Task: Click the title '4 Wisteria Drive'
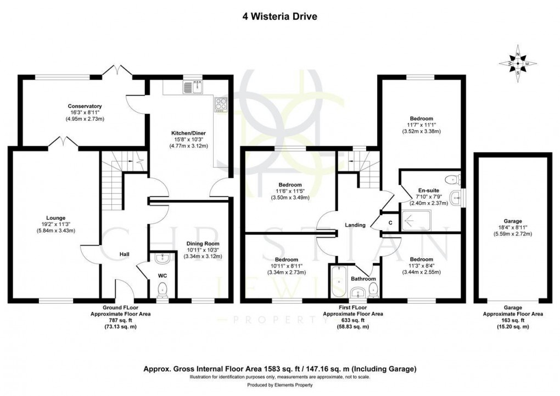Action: point(279,16)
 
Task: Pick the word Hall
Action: point(125,254)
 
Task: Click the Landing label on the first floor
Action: point(355,225)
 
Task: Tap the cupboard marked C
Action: point(390,222)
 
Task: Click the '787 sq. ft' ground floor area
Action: point(121,320)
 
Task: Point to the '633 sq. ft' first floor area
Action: point(353,320)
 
